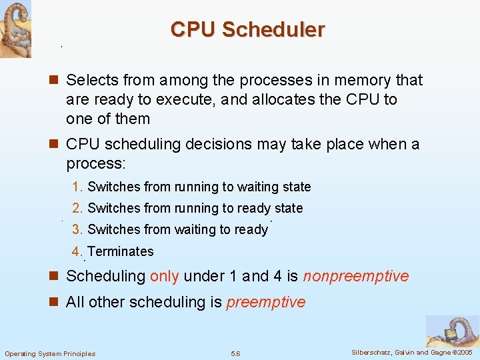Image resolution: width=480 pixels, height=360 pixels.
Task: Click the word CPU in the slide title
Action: pos(193,30)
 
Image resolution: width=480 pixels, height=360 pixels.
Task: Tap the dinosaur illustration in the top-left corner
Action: pos(15,28)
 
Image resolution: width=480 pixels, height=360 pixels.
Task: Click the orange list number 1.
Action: pos(77,187)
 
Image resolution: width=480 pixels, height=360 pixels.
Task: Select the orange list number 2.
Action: pos(77,209)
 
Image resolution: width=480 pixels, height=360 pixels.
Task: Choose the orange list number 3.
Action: pos(77,230)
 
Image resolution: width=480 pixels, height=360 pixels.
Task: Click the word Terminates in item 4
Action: pos(121,252)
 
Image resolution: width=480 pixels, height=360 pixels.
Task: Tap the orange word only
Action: pos(164,277)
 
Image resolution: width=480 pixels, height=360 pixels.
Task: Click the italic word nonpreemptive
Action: pos(356,277)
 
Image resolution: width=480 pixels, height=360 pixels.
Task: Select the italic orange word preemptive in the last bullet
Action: pos(266,303)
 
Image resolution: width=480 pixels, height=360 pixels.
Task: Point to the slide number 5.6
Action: pos(235,353)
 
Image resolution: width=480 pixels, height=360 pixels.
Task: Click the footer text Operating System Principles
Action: pos(50,353)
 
